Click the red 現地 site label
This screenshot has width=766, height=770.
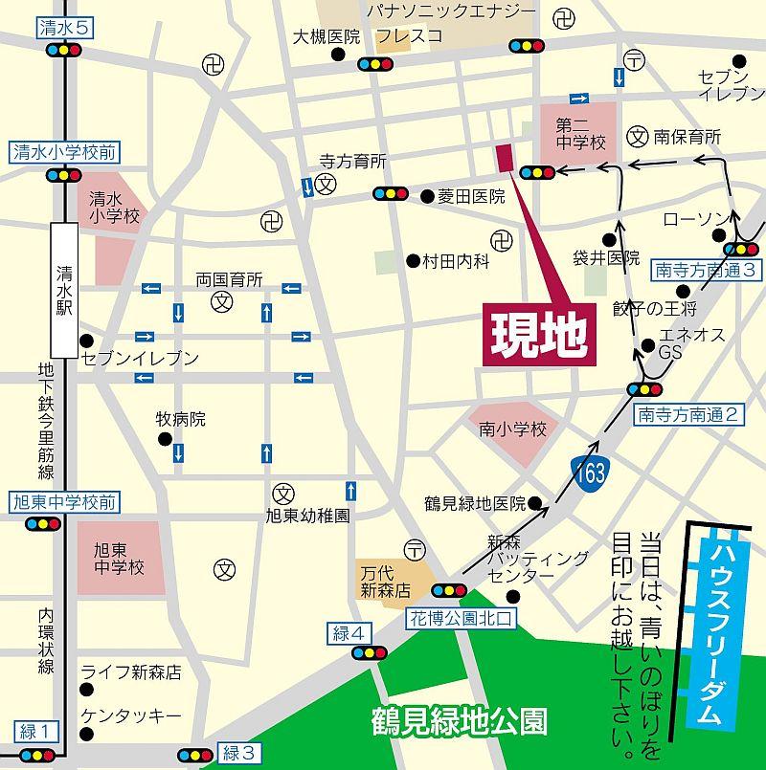pyautogui.click(x=537, y=331)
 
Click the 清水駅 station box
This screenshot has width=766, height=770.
pyautogui.click(x=65, y=286)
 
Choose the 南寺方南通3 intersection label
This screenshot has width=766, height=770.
pyautogui.click(x=708, y=270)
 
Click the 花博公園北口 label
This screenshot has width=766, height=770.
pyautogui.click(x=462, y=619)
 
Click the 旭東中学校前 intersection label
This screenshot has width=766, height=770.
pyautogui.click(x=64, y=501)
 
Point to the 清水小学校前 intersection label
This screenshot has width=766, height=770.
pyautogui.click(x=64, y=151)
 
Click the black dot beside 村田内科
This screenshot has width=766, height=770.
pyautogui.click(x=413, y=260)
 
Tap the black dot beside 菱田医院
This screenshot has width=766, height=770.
pyautogui.click(x=427, y=196)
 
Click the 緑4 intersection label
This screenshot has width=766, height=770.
pyautogui.click(x=349, y=632)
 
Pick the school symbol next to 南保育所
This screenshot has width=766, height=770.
pyautogui.click(x=639, y=137)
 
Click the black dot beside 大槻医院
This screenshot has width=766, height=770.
pyautogui.click(x=337, y=55)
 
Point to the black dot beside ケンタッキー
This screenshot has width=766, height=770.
pyautogui.click(x=87, y=735)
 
